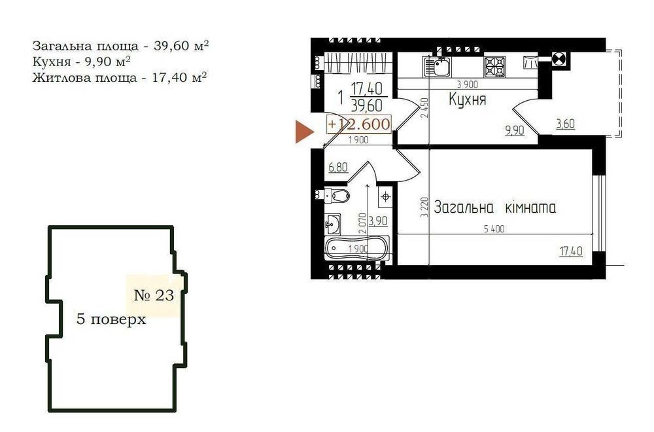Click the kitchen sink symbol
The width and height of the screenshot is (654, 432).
pos(437,66)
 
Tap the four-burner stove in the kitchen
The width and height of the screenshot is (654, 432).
pos(494,67)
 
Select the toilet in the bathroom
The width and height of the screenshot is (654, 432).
pos(337,195)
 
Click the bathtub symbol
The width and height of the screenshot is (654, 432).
pos(356,248)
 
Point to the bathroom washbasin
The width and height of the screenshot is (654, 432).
pos(332,224)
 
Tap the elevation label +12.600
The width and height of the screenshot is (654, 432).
pos(359,124)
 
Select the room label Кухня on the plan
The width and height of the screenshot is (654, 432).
pos(467,99)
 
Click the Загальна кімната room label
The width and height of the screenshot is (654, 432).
pos(494,207)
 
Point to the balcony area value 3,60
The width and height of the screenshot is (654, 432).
pos(565,124)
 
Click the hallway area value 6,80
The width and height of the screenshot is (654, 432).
pos(338,168)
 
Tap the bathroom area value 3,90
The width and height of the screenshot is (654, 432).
pos(378,221)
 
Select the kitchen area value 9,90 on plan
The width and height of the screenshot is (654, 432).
pos(515,131)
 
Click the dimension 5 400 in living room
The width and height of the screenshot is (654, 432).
pos(494,228)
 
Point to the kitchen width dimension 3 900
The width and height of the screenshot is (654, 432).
pos(467,84)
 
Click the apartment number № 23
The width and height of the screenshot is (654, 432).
pos(154,295)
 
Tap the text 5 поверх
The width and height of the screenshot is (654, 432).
pos(111,319)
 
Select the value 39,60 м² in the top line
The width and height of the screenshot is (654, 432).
pos(181,46)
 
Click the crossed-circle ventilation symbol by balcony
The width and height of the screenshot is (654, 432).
pos(558,59)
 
